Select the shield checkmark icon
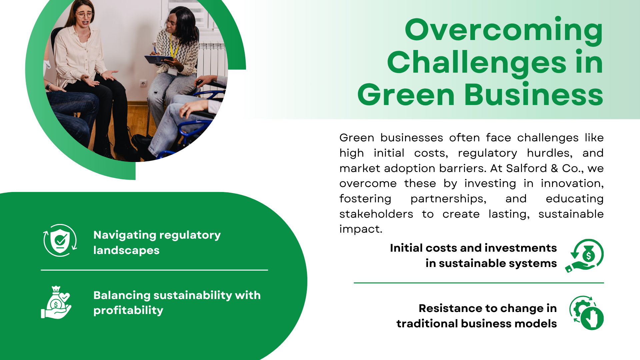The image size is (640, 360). (60, 240)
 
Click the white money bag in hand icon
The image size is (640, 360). (56, 302)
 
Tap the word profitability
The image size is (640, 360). (128, 310)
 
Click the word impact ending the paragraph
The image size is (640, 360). (361, 229)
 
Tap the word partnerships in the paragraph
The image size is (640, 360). (448, 199)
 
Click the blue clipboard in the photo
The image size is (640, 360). (159, 59)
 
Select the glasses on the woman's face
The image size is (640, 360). (85, 15)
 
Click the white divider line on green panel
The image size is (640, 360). (154, 270)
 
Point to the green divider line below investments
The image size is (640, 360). (479, 283)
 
